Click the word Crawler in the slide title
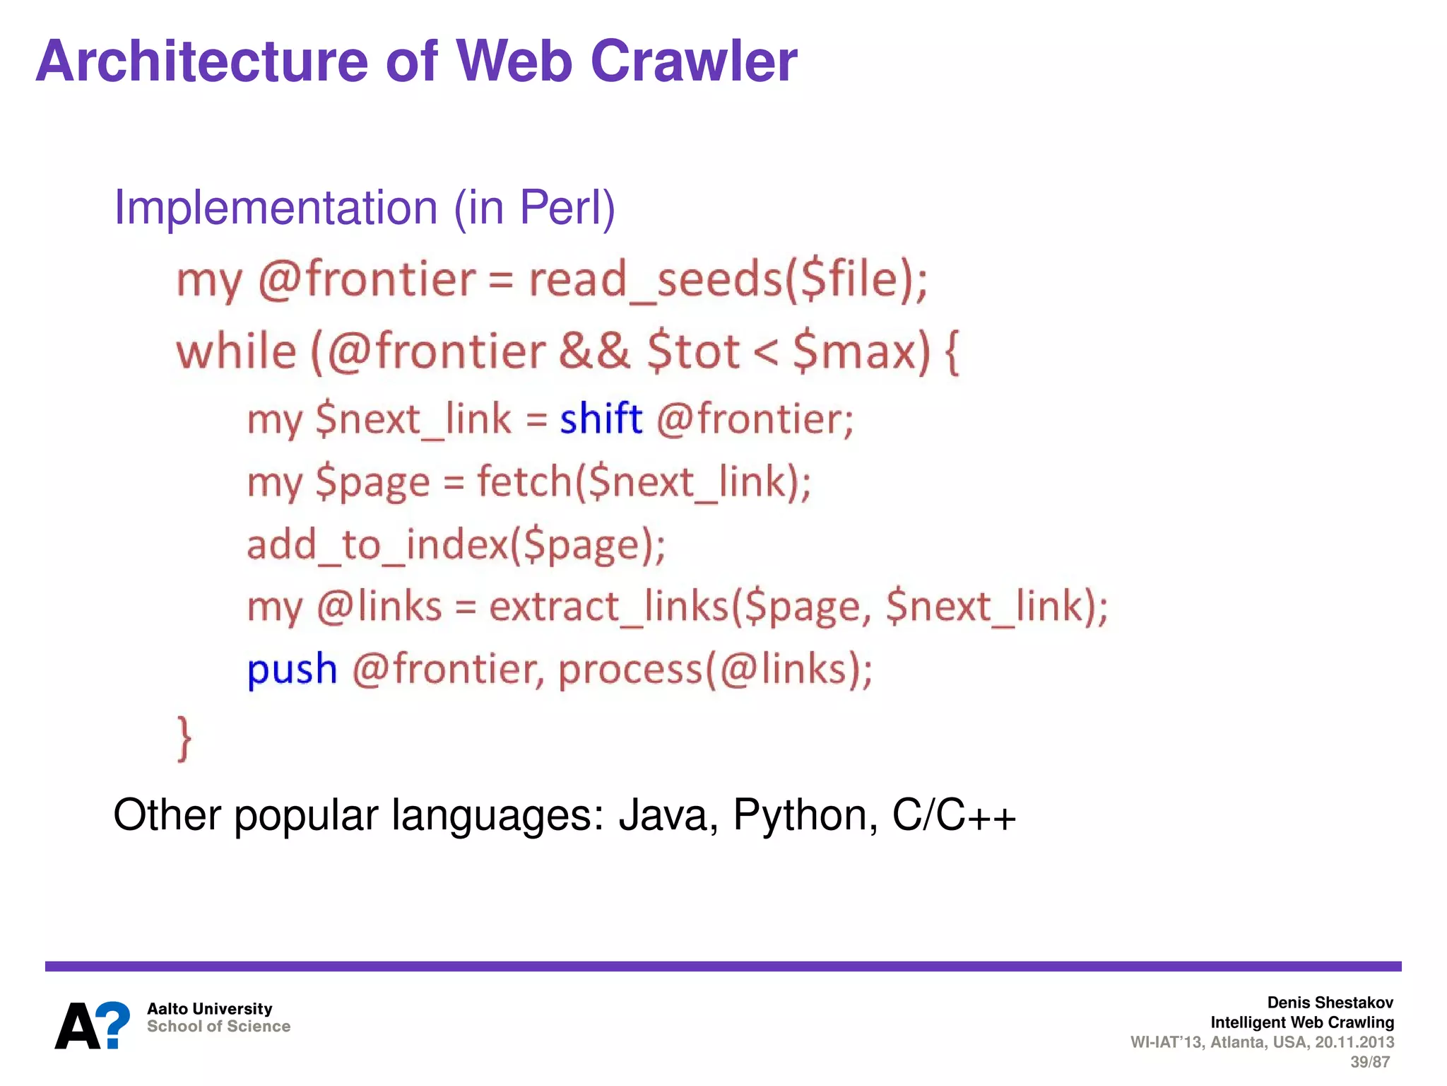click(693, 62)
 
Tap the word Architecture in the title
click(201, 62)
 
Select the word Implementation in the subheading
click(276, 208)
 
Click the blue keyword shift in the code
click(601, 419)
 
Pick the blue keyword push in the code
click(292, 669)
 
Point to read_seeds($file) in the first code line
click(728, 279)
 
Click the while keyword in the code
click(236, 351)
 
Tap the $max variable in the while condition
click(861, 351)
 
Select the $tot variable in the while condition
click(693, 351)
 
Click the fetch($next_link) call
click(644, 482)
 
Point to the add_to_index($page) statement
click(456, 545)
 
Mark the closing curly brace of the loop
click(184, 738)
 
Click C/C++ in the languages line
click(953, 815)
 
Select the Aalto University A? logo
click(93, 1025)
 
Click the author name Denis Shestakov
click(1330, 1003)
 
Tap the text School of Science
click(218, 1027)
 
